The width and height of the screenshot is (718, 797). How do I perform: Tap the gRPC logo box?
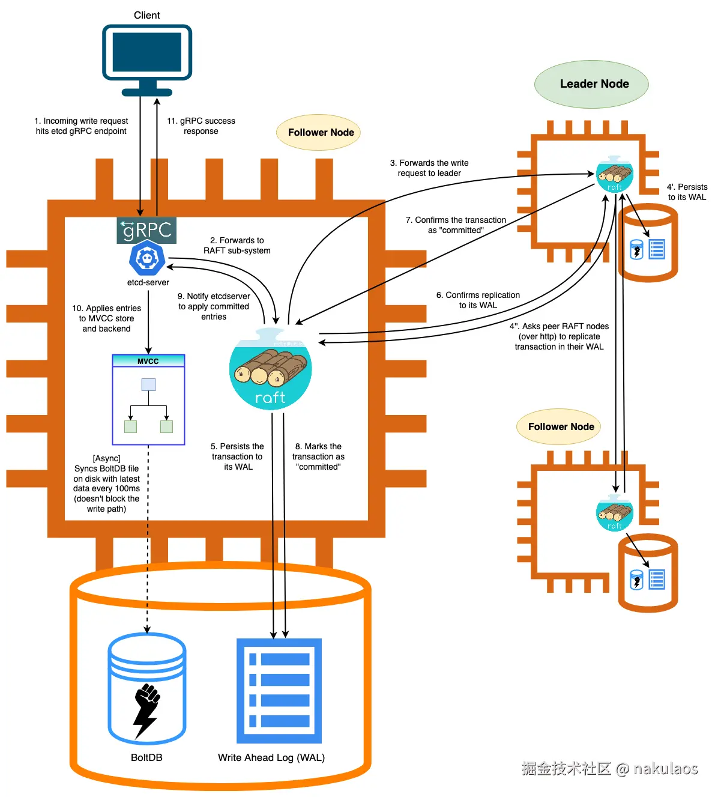pyautogui.click(x=146, y=230)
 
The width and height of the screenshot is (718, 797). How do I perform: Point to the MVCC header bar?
pyautogui.click(x=148, y=361)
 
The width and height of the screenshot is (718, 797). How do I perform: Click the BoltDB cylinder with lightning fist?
pyautogui.click(x=147, y=688)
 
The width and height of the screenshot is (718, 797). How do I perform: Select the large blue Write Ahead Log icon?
pyautogui.click(x=279, y=691)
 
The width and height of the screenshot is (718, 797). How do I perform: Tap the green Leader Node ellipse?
pyautogui.click(x=591, y=84)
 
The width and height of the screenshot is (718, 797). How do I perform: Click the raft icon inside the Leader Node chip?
pyautogui.click(x=614, y=174)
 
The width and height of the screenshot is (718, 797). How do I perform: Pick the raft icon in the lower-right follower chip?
pyautogui.click(x=614, y=514)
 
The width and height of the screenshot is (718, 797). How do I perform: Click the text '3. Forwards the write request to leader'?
pyautogui.click(x=429, y=168)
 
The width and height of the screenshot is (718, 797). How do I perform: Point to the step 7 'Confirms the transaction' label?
pyautogui.click(x=456, y=225)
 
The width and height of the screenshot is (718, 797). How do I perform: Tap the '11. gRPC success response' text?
pyautogui.click(x=201, y=126)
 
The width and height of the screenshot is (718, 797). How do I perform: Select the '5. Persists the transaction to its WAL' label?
pyautogui.click(x=237, y=456)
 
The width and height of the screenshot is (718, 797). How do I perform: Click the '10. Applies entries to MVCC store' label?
pyautogui.click(x=107, y=318)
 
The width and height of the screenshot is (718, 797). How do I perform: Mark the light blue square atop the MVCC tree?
pyautogui.click(x=148, y=384)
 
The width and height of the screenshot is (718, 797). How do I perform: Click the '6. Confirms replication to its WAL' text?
pyautogui.click(x=478, y=300)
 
